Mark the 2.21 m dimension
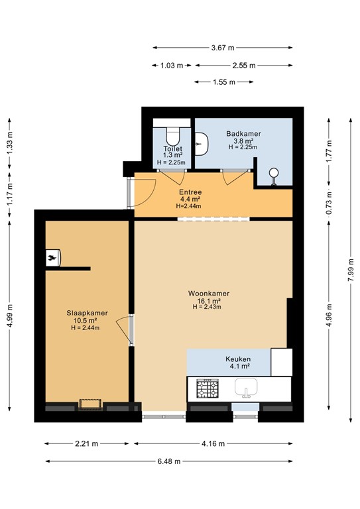click(87, 443)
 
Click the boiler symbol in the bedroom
click(53, 257)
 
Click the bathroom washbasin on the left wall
click(202, 140)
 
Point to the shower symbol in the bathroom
click(272, 176)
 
